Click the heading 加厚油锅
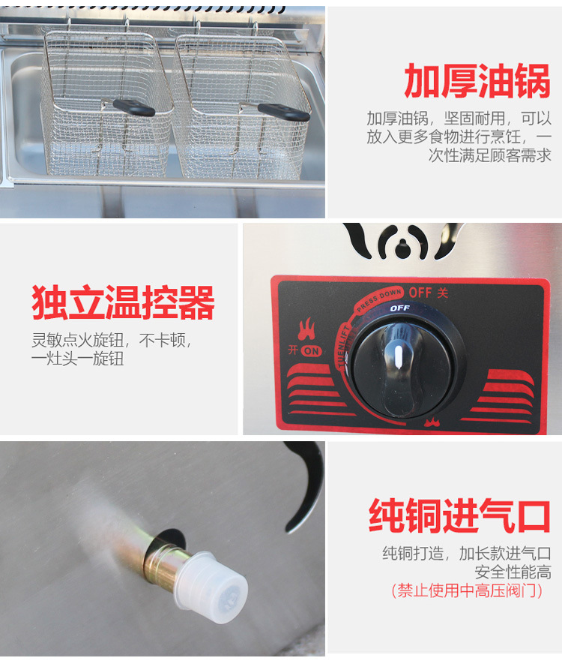477,81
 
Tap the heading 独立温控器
123,302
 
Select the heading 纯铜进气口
459,515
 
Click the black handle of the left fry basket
134,107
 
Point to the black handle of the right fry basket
284,112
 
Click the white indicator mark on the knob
399,356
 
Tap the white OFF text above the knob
399,308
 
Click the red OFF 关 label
428,293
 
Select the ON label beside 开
312,351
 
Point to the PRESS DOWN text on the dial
378,299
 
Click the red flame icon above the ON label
306,329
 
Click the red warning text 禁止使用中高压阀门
467,591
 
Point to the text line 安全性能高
513,572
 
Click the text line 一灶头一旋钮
78,359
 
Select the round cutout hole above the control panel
401,248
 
